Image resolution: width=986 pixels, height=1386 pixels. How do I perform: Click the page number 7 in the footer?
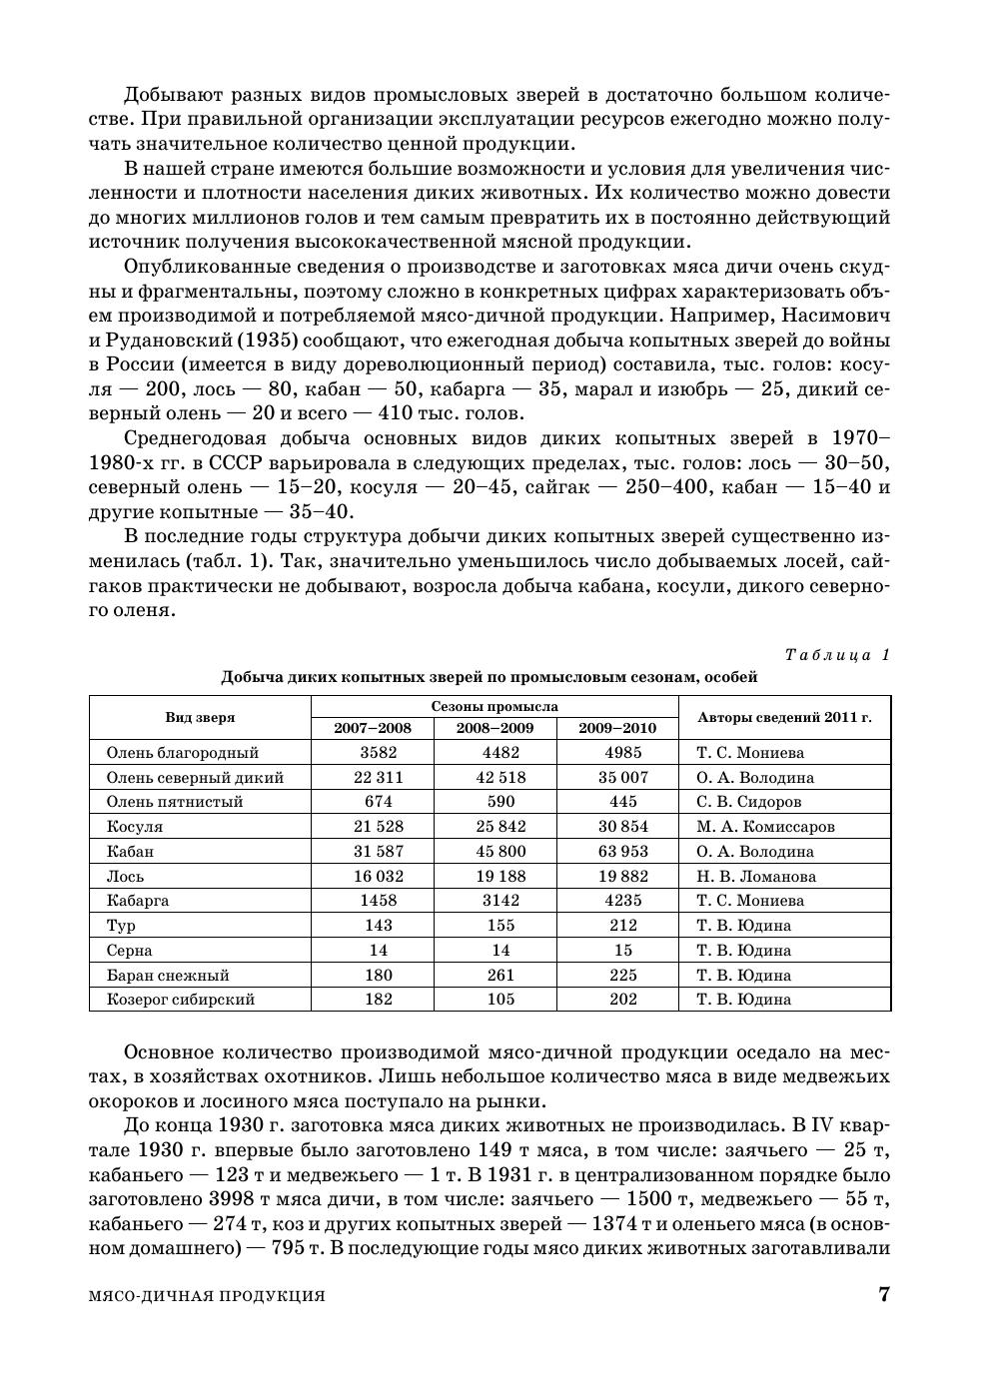tap(883, 1295)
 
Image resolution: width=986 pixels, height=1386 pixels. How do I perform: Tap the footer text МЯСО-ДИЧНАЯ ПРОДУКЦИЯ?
tap(208, 1296)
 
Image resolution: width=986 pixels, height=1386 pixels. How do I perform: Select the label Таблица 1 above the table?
tap(837, 655)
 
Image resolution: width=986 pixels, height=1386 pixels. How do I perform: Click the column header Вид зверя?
tap(200, 717)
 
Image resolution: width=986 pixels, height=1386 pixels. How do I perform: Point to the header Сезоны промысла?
tap(494, 706)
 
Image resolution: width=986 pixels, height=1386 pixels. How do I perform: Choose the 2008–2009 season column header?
tap(494, 728)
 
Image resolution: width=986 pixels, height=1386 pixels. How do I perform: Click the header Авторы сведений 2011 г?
tap(784, 717)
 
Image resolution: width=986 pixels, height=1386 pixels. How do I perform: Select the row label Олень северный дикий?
tap(195, 777)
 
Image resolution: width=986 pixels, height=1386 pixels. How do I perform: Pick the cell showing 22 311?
tap(372, 777)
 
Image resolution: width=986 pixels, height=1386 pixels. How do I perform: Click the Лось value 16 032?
tap(372, 876)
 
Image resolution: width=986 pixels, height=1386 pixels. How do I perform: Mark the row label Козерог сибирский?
tap(181, 999)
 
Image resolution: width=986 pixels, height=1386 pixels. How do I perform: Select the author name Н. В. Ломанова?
tap(756, 876)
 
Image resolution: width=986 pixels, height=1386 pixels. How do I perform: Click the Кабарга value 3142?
tap(494, 900)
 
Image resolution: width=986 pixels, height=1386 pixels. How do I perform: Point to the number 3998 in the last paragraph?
tap(237, 1199)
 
